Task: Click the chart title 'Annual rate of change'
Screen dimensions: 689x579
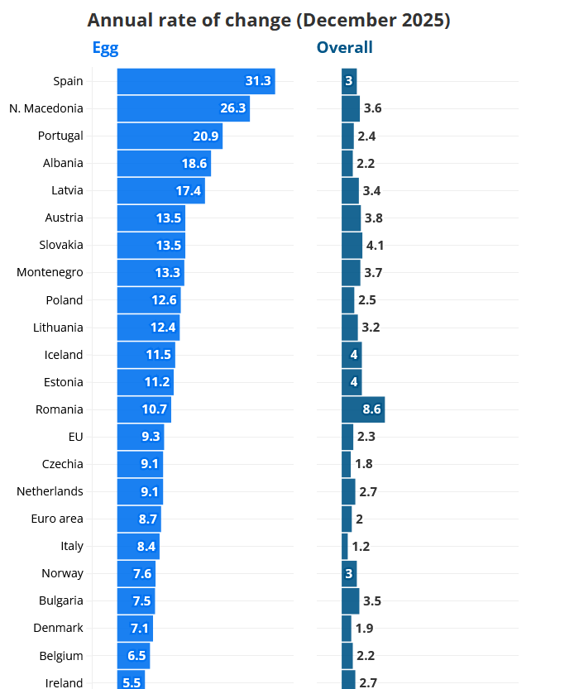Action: click(269, 21)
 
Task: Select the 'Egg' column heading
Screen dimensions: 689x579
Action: click(105, 48)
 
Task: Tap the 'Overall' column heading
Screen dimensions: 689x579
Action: click(344, 48)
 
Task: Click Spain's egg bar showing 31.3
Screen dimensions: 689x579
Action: click(195, 81)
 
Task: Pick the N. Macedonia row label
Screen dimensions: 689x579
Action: click(46, 108)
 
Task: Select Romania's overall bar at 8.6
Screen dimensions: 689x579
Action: click(362, 409)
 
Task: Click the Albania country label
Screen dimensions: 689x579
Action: click(63, 163)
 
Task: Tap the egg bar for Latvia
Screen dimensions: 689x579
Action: click(160, 190)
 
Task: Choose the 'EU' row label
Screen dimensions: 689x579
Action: click(76, 437)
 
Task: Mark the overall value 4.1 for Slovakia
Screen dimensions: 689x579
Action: click(375, 246)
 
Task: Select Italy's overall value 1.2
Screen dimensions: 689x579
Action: click(361, 546)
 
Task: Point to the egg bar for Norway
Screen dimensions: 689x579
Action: click(136, 573)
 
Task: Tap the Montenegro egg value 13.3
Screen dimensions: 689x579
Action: click(166, 273)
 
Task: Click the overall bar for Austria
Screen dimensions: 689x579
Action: click(351, 218)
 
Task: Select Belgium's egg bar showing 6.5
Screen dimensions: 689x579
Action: click(133, 656)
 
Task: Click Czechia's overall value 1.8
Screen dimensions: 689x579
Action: click(364, 464)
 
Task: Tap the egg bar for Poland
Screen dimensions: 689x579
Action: click(148, 300)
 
